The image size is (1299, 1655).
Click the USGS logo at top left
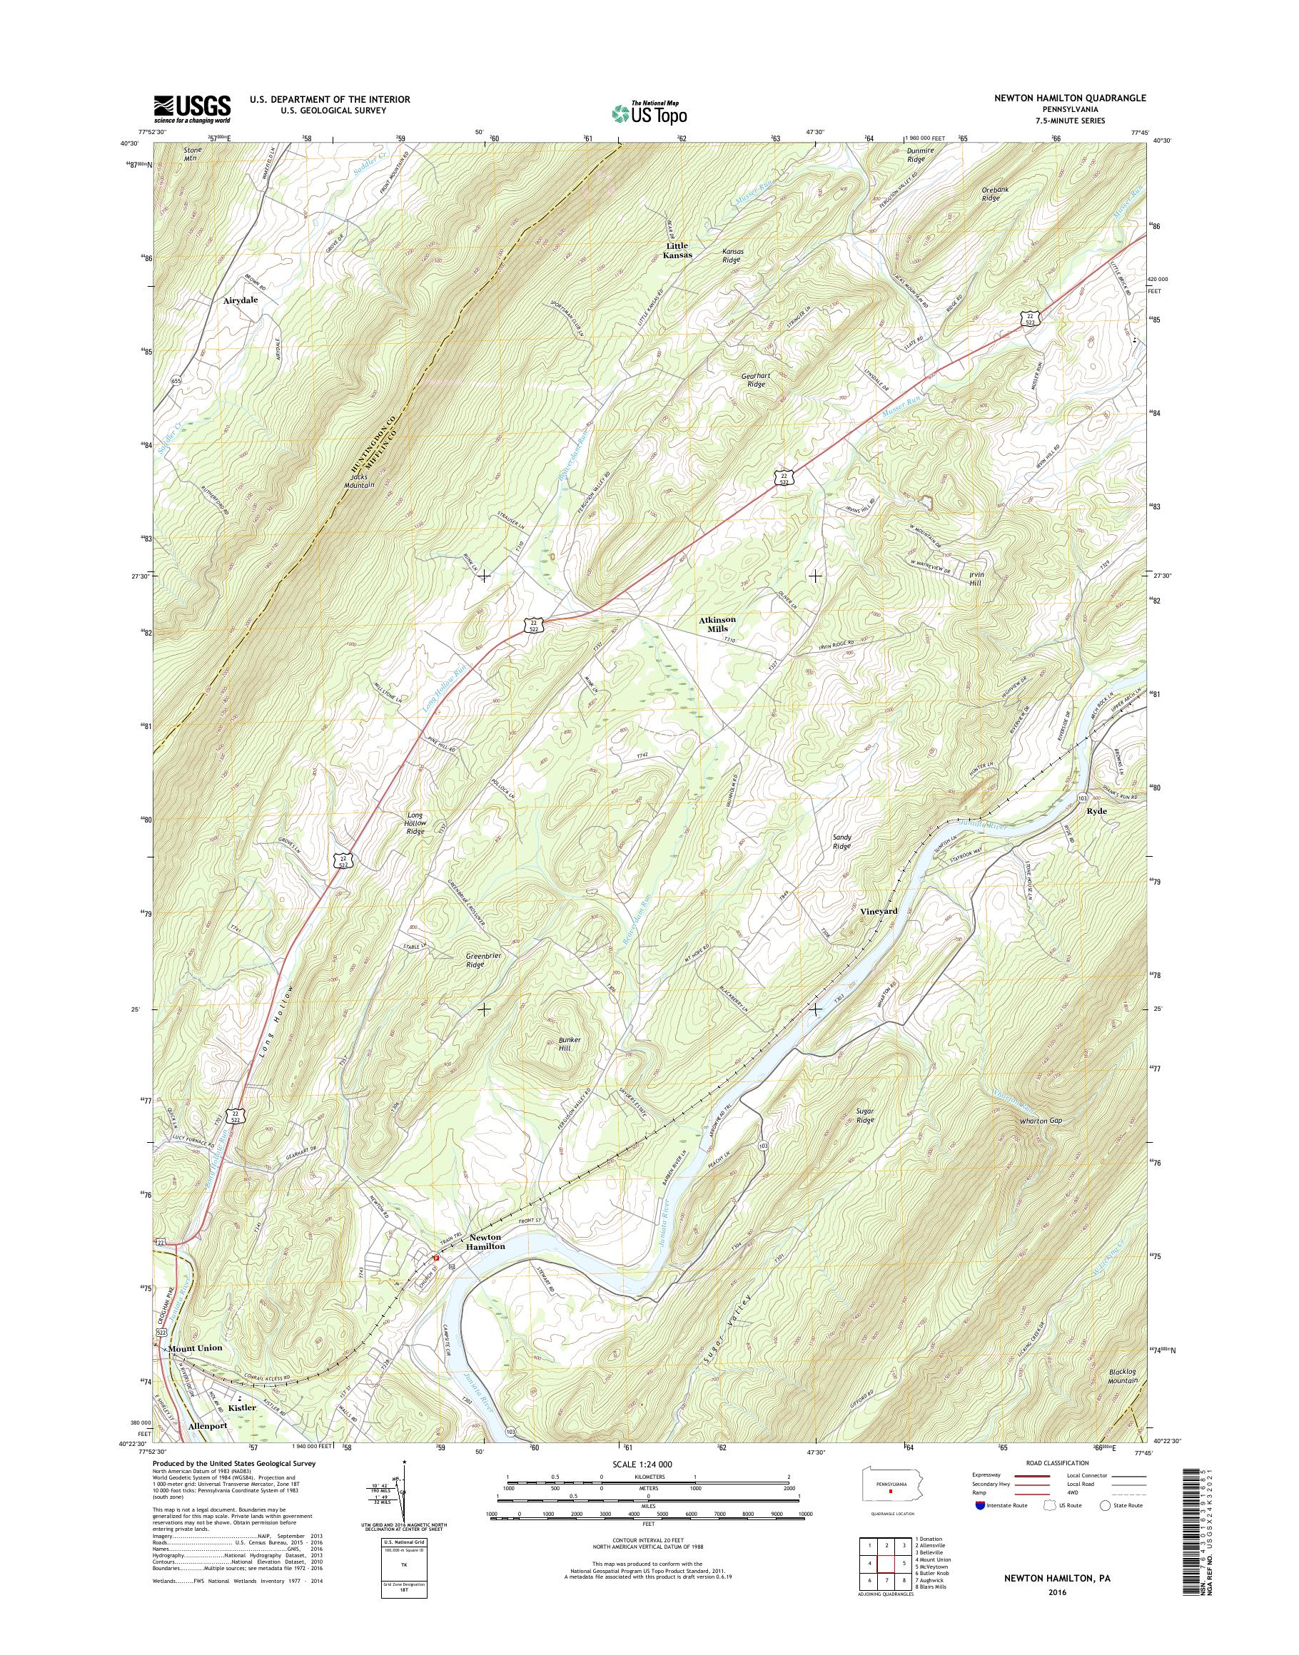(x=192, y=108)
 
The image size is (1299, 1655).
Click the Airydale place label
(x=241, y=300)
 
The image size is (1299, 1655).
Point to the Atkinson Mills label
(x=717, y=624)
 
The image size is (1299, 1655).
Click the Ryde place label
(x=1097, y=811)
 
